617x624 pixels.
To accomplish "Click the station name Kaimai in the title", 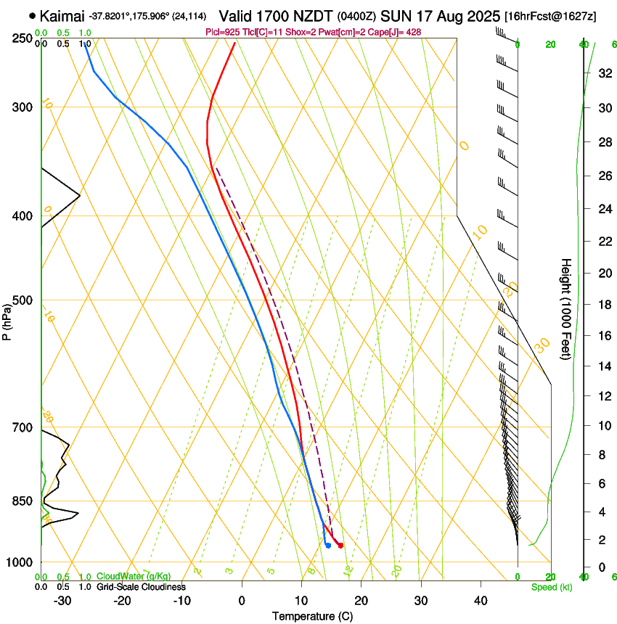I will click(x=63, y=15).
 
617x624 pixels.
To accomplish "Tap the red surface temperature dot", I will click(x=340, y=545).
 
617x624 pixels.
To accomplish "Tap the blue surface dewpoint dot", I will click(x=328, y=545).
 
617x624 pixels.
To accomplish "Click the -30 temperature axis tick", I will click(x=62, y=600).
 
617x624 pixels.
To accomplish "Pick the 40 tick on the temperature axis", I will click(x=481, y=600).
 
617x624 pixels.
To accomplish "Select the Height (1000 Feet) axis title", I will click(x=566, y=308).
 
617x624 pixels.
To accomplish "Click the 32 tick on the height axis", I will click(x=603, y=73).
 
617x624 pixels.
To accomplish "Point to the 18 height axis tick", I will click(x=603, y=305).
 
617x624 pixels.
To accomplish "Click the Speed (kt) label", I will click(x=551, y=587).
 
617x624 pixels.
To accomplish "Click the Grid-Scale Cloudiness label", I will click(x=141, y=587).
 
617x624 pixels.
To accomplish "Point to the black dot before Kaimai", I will click(x=32, y=15).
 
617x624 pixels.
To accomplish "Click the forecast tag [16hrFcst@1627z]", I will click(x=550, y=16).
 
